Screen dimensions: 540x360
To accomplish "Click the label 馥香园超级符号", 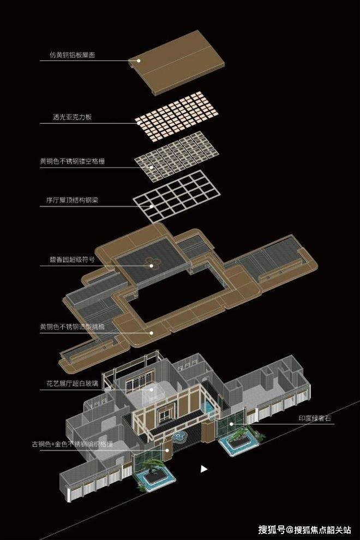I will [70, 260].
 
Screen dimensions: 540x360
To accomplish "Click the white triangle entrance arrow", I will [204, 468].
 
